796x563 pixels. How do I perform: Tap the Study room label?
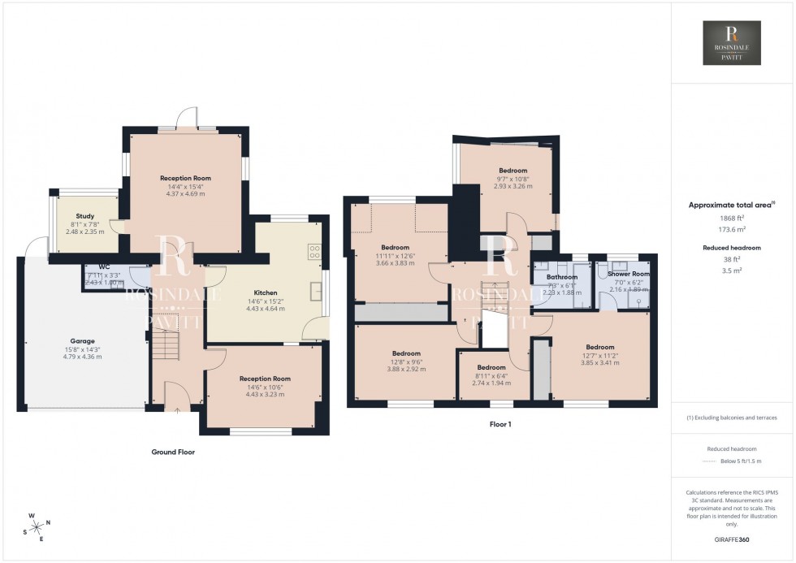[x=85, y=216]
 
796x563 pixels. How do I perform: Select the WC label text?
[x=104, y=266]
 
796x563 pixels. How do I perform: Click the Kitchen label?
[x=265, y=292]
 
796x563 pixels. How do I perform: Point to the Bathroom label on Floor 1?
[x=561, y=277]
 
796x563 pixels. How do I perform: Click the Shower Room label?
[x=629, y=275]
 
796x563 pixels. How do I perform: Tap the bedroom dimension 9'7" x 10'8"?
[x=513, y=179]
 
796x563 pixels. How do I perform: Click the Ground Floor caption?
[x=173, y=452]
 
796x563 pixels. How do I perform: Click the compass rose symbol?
[x=36, y=527]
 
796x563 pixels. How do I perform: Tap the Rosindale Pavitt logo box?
[x=731, y=43]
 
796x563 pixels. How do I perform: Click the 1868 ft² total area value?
[x=732, y=218]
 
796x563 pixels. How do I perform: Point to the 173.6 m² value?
[x=732, y=230]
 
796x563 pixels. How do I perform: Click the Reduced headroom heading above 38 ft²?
[x=732, y=247]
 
